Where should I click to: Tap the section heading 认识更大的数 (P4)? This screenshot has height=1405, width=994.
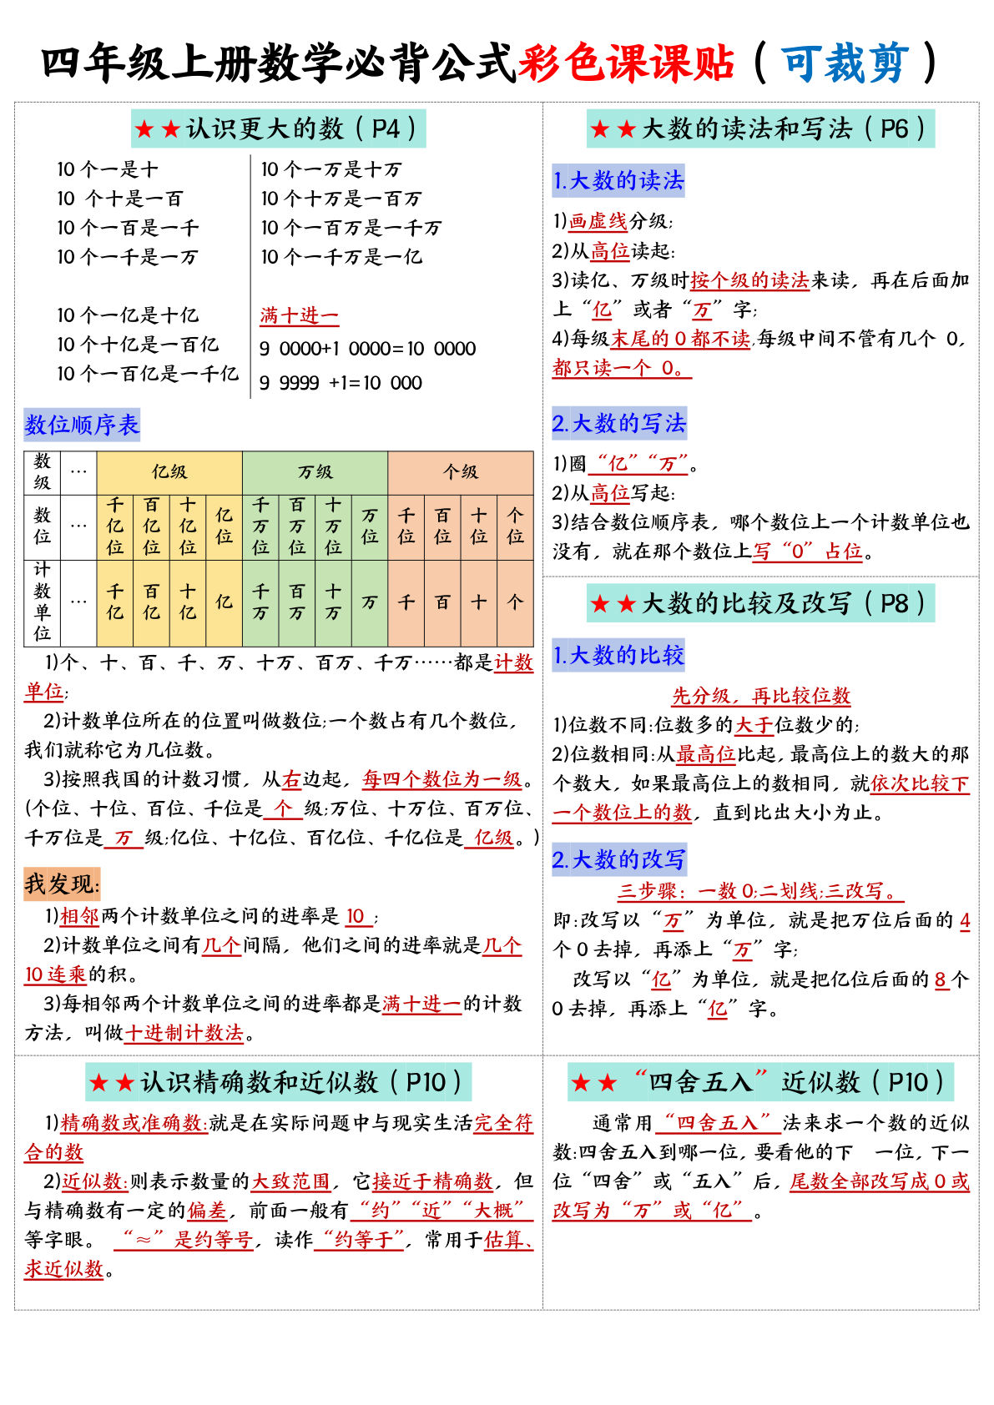tap(279, 128)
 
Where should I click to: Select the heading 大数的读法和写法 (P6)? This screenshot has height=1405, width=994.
tap(760, 128)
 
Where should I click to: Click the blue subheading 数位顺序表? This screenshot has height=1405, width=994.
tap(82, 425)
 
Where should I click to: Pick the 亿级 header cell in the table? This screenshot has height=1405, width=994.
tap(169, 472)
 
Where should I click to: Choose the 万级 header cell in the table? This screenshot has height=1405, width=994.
tap(315, 472)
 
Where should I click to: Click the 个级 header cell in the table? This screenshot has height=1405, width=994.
tap(460, 472)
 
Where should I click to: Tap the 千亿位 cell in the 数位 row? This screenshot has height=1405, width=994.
tap(115, 526)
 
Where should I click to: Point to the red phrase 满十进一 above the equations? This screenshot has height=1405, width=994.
tap(299, 315)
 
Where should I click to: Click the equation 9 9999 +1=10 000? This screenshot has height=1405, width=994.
tap(341, 383)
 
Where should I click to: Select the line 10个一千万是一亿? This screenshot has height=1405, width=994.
tap(341, 257)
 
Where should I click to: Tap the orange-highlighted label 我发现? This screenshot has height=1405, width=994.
tap(63, 884)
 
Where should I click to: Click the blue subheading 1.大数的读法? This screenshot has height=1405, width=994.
tap(618, 180)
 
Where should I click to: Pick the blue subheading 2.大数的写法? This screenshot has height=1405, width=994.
tap(619, 423)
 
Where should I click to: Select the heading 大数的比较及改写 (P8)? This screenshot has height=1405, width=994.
tap(760, 603)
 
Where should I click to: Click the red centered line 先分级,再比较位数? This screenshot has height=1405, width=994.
tap(761, 695)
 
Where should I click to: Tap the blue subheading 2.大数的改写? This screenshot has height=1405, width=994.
tap(619, 859)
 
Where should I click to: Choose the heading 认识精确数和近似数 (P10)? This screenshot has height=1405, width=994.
tap(279, 1082)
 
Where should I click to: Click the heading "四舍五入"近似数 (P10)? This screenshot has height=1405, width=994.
tap(760, 1082)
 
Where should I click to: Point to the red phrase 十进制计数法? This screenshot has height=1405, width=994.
tap(184, 1033)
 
